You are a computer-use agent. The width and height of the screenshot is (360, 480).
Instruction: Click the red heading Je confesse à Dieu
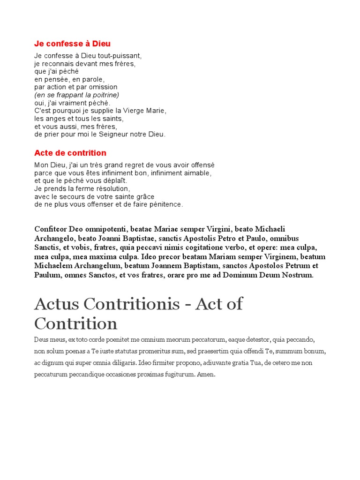click(x=72, y=44)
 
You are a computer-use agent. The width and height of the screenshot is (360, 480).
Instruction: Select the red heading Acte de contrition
click(x=70, y=153)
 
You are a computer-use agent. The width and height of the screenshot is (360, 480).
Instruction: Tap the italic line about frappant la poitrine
click(x=77, y=95)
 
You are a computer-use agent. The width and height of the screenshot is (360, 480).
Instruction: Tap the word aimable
click(x=198, y=173)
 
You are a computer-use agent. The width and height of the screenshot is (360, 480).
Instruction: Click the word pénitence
click(x=166, y=204)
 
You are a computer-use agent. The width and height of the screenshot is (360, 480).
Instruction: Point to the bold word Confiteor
click(x=51, y=229)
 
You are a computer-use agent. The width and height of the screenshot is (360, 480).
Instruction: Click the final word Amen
click(x=206, y=375)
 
